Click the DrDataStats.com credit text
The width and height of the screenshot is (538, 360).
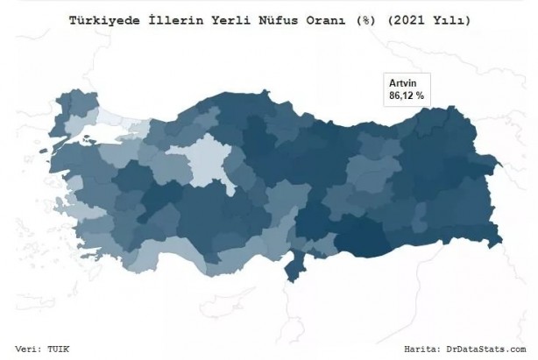[481, 348]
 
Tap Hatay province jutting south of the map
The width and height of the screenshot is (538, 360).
[294, 263]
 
